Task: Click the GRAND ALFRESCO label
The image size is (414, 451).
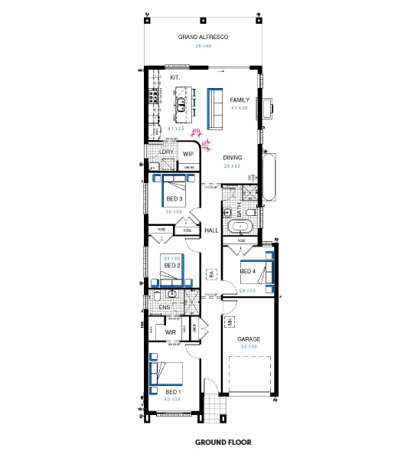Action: (204, 37)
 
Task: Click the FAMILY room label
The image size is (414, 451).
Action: (240, 100)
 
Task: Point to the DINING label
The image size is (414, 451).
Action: (232, 157)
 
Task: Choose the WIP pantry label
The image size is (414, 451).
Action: (188, 153)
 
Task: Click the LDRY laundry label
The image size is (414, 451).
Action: (167, 152)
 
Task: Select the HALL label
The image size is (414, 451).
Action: (212, 230)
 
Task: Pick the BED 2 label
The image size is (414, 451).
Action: (171, 265)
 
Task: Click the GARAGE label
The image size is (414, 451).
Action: (249, 338)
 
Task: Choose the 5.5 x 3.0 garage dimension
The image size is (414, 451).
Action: (249, 347)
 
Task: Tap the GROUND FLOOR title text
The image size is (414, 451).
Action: (223, 442)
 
